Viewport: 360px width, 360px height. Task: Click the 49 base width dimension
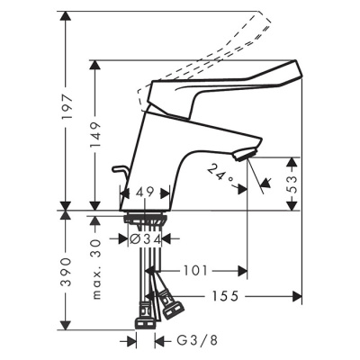tap(144, 192)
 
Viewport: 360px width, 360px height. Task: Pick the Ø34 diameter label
tap(145, 239)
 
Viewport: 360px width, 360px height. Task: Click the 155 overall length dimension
tap(238, 294)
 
